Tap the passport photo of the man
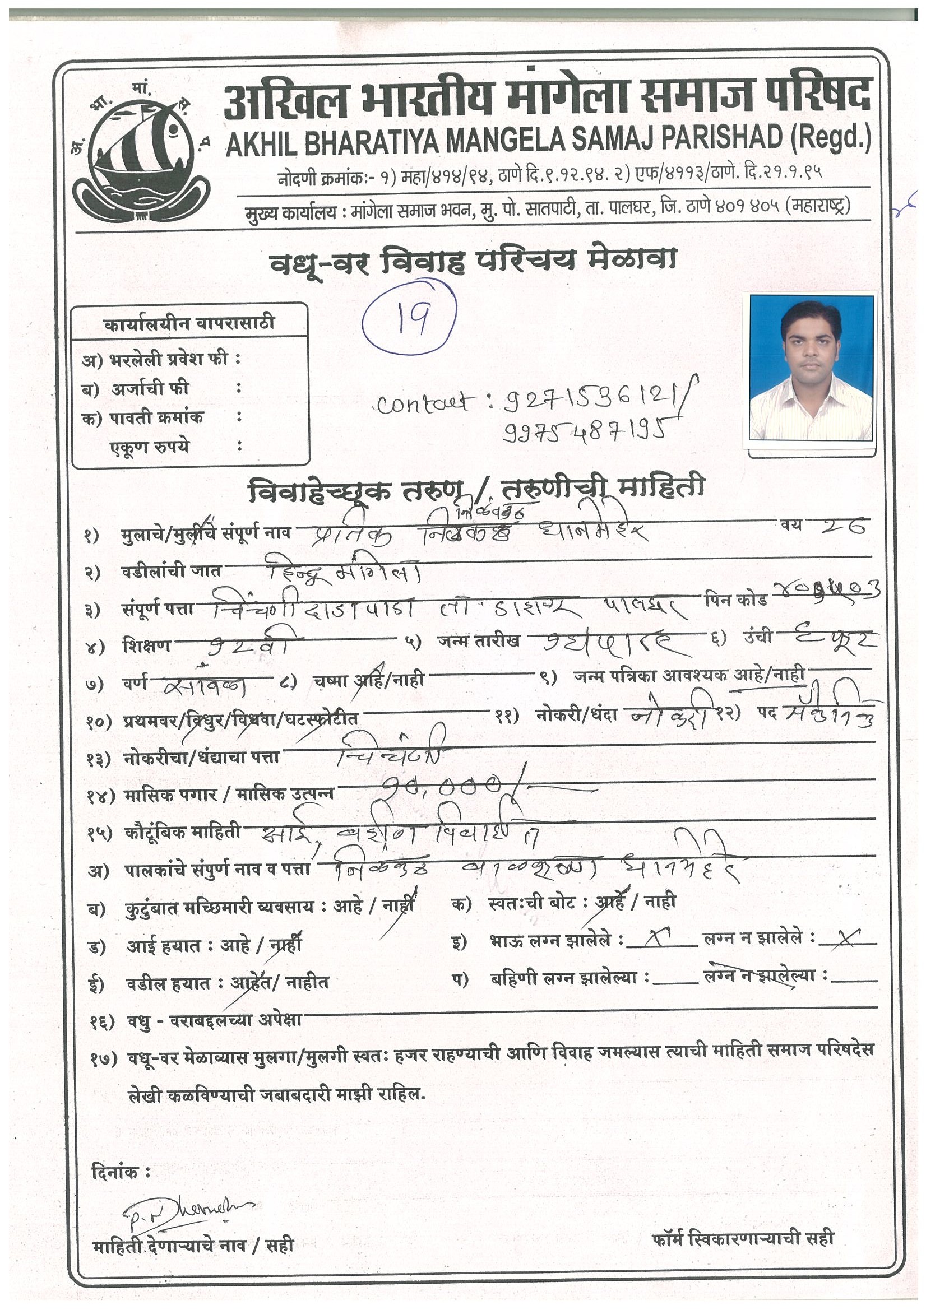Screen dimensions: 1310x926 pos(811,368)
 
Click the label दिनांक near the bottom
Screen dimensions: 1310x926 pos(121,1172)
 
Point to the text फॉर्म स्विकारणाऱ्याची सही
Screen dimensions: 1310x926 pos(742,1238)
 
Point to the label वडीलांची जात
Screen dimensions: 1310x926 pos(172,570)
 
